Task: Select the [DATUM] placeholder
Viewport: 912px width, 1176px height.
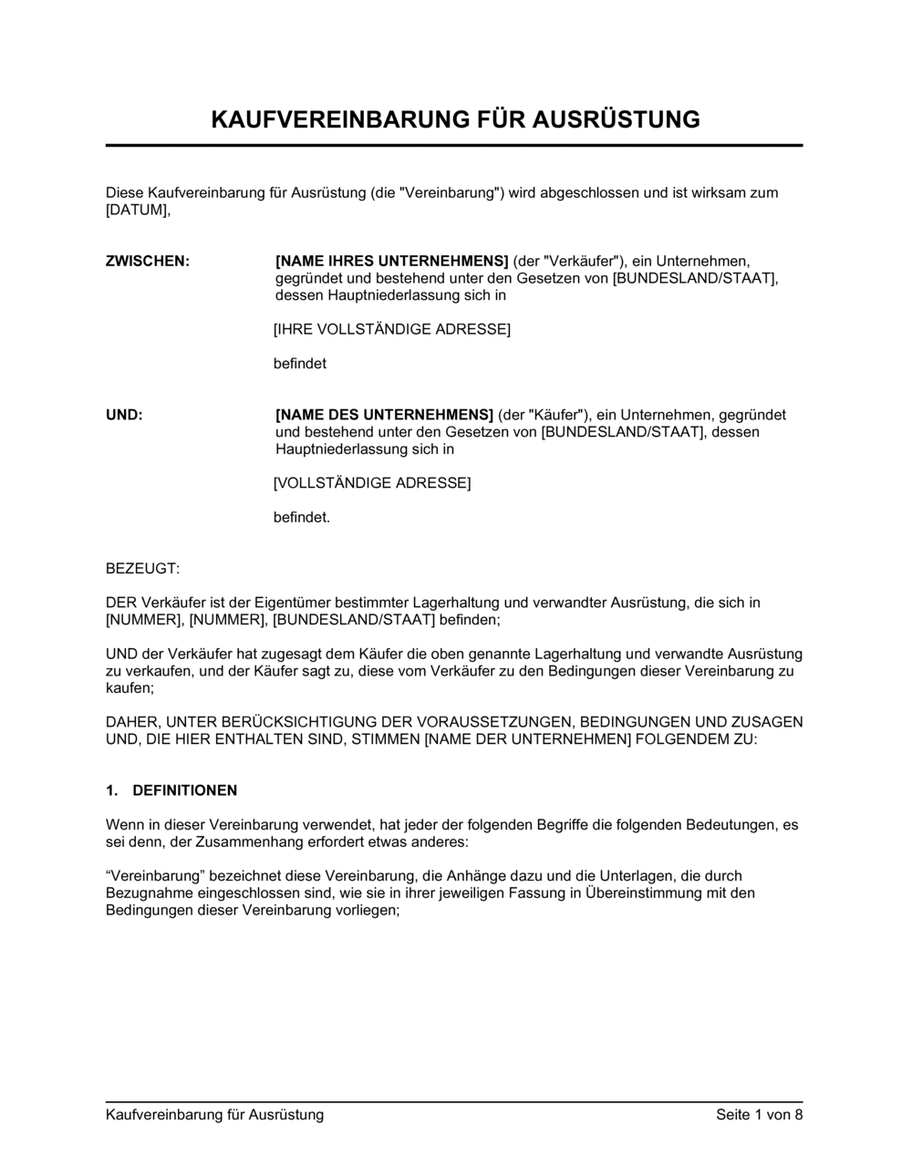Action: [138, 211]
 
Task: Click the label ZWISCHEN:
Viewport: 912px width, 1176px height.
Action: [148, 262]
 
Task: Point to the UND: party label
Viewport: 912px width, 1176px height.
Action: [124, 416]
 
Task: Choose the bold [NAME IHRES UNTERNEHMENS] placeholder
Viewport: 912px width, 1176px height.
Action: [392, 262]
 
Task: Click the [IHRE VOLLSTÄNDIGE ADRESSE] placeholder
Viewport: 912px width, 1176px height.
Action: [392, 329]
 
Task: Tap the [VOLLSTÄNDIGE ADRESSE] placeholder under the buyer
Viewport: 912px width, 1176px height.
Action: [372, 483]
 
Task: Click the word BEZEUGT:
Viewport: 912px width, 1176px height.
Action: [143, 569]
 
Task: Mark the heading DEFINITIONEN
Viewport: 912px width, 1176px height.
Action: [185, 790]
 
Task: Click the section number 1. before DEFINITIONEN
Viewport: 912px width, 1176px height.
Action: [112, 790]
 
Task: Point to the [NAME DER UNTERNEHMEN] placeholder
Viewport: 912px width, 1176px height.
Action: [528, 739]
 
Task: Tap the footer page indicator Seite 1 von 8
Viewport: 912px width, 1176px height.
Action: [760, 1114]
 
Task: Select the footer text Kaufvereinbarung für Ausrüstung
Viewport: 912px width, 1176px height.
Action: [215, 1114]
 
